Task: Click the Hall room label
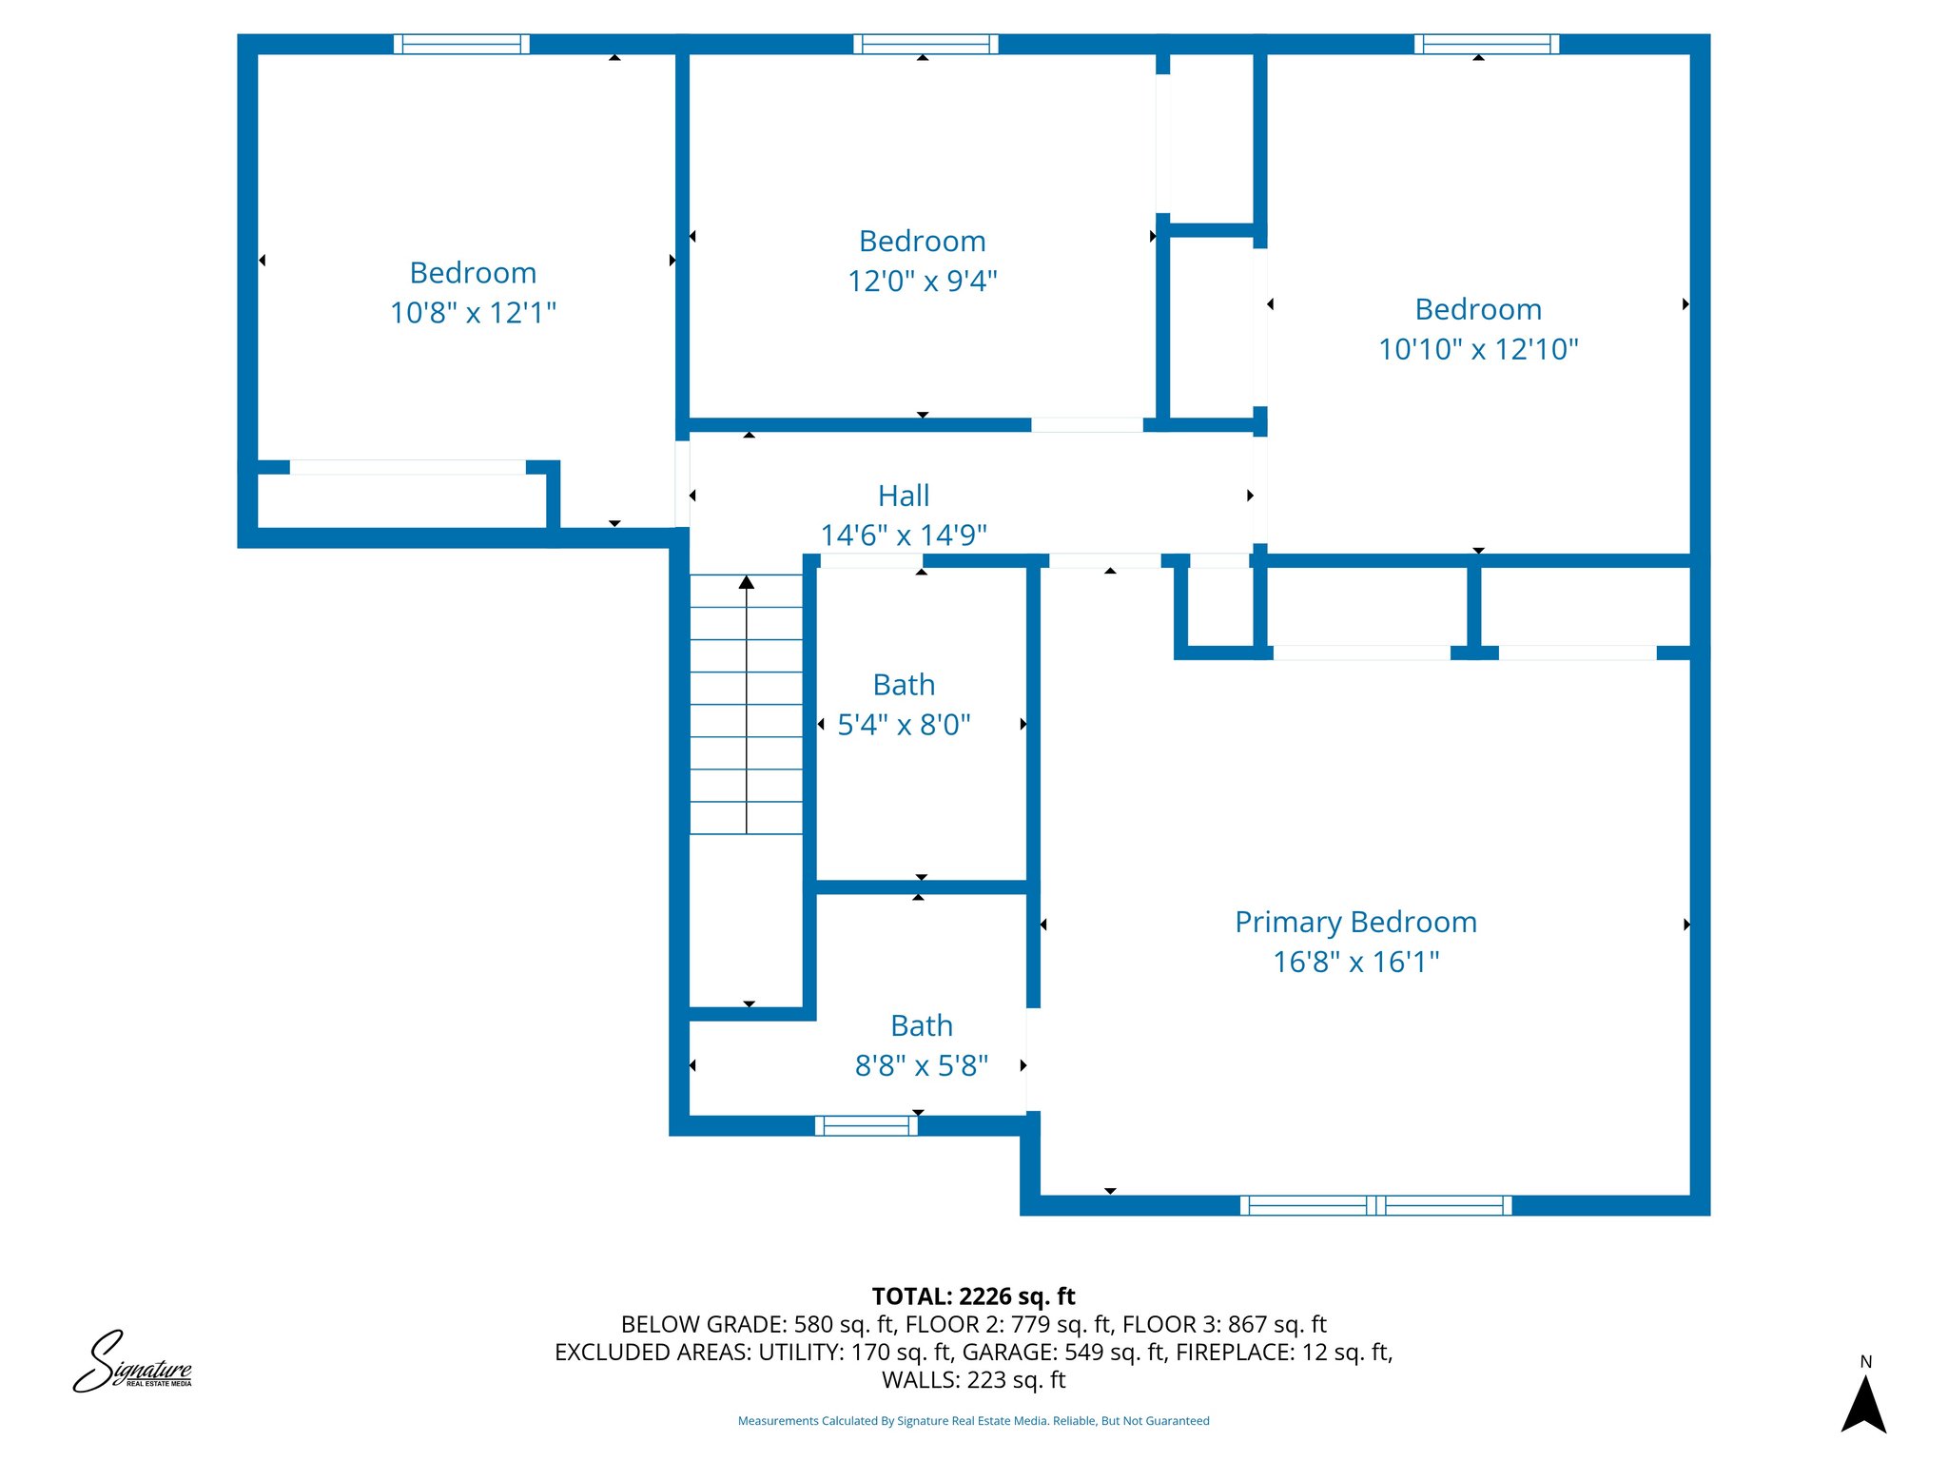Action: point(904,496)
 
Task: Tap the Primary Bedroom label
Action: point(1356,923)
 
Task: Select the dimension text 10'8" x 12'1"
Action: point(473,312)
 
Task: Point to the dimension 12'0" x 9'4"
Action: point(923,281)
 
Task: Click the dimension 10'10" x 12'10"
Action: point(1478,349)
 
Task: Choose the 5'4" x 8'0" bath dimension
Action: point(904,725)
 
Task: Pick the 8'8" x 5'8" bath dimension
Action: point(922,1065)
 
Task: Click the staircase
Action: point(747,705)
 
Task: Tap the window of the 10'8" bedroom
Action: point(461,44)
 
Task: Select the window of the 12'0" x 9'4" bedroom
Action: point(925,44)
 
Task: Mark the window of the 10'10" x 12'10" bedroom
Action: point(1487,44)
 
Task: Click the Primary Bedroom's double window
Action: point(1376,1205)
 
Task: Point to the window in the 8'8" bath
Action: point(867,1126)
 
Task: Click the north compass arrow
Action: point(1864,1404)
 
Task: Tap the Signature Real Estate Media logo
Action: point(133,1362)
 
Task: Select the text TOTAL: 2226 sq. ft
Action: point(974,1296)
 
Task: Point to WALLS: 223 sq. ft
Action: point(974,1379)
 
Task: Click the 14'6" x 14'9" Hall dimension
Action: point(904,535)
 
